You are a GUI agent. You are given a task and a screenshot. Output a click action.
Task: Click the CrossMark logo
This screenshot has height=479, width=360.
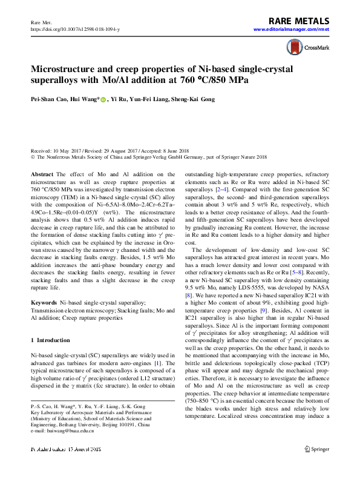click(307, 47)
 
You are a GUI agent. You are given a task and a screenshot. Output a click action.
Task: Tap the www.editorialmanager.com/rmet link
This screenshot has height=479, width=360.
click(292, 30)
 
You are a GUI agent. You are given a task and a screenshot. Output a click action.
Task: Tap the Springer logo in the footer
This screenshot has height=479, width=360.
click(317, 466)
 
